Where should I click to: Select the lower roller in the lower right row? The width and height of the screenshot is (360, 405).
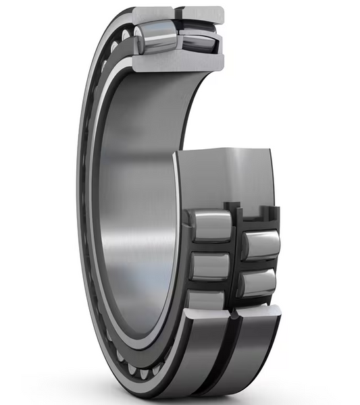[x=259, y=281]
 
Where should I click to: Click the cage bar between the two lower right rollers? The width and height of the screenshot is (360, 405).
[x=259, y=264]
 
